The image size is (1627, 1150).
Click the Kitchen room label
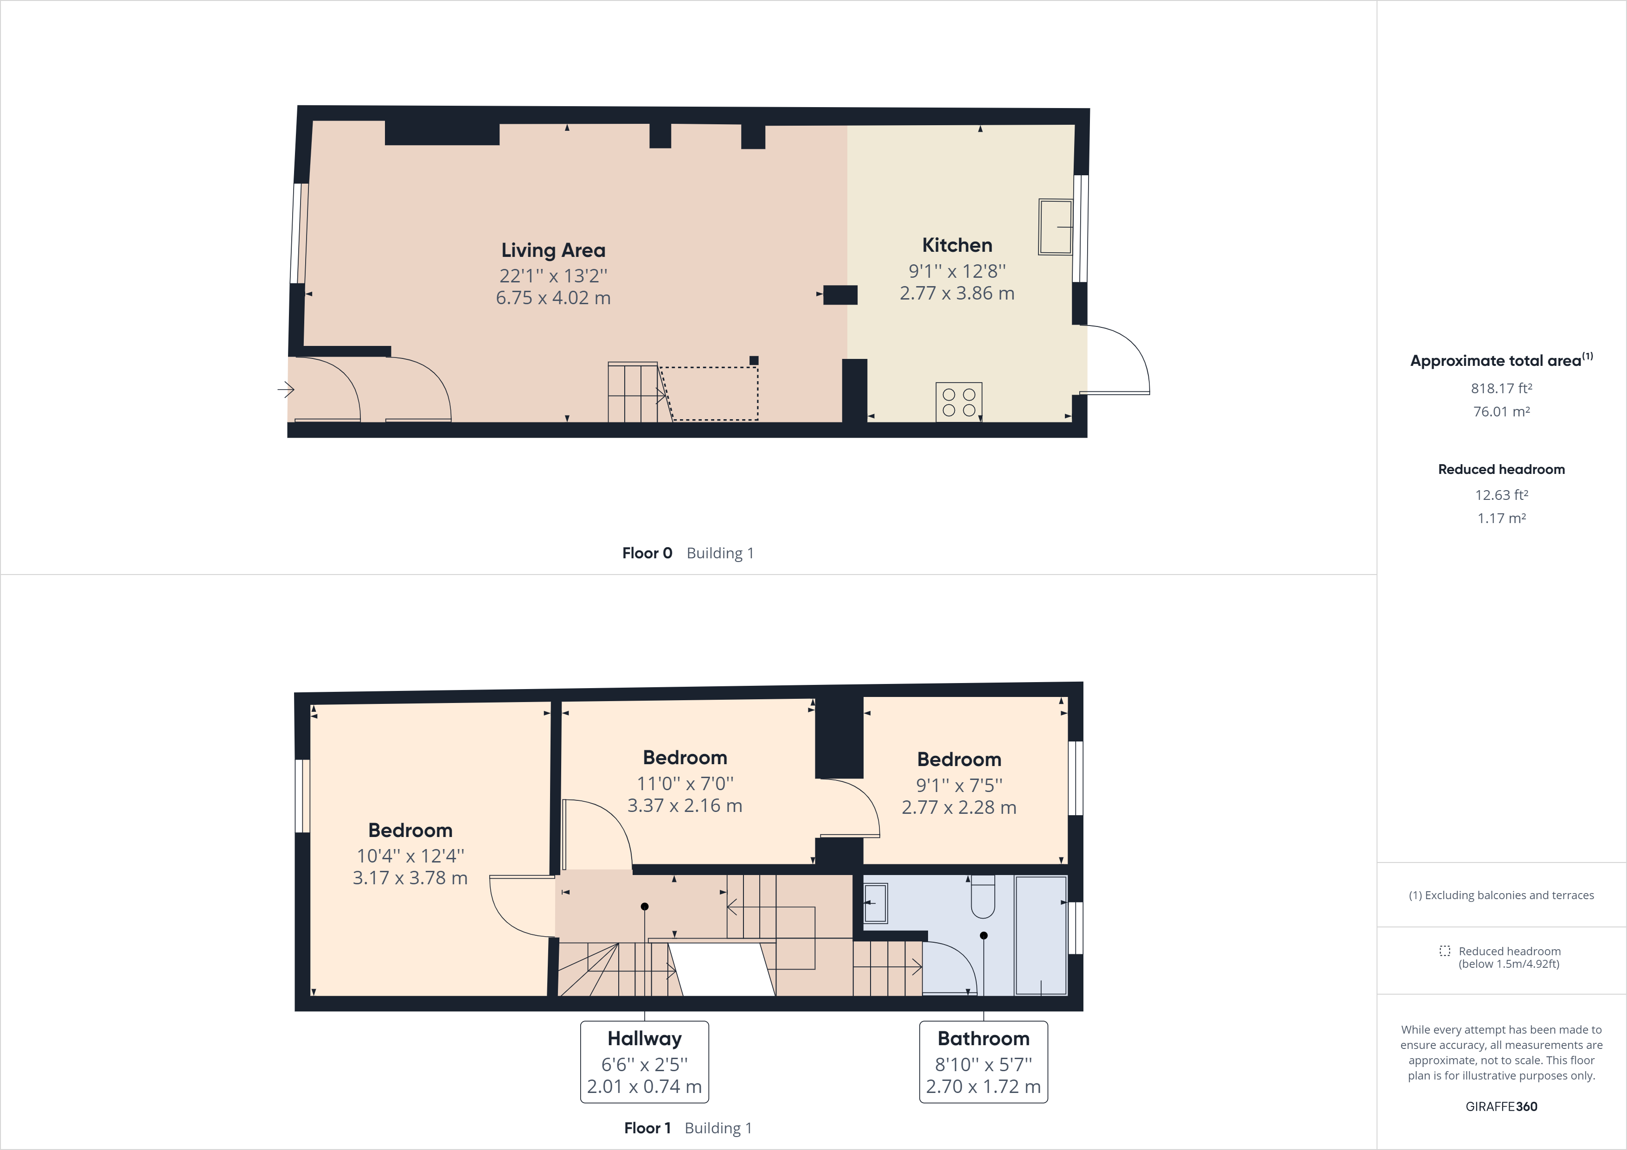(957, 245)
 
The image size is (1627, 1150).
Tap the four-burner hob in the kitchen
(959, 402)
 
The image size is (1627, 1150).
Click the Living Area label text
(553, 250)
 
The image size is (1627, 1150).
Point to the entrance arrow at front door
(286, 389)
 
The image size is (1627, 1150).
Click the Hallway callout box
(644, 1061)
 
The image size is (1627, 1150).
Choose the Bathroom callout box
(983, 1061)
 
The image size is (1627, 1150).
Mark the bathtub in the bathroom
(1040, 935)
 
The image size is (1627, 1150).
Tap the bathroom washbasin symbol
(876, 903)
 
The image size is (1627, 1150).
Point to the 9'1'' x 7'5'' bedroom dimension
(959, 785)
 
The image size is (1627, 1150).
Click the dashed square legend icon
(1444, 951)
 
